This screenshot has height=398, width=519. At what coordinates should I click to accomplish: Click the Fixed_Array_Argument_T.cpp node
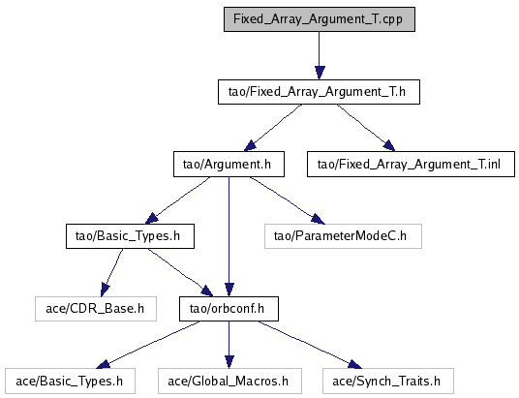pyautogui.click(x=320, y=19)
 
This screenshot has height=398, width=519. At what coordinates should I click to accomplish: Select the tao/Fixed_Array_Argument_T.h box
pyautogui.click(x=319, y=92)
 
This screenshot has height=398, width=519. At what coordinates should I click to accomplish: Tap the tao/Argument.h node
pyautogui.click(x=229, y=165)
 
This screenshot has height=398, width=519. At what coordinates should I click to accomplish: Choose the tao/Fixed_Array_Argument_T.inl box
pyautogui.click(x=411, y=165)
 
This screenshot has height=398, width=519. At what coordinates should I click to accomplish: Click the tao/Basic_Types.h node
pyautogui.click(x=130, y=236)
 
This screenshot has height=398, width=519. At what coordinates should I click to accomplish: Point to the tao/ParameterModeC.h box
pyautogui.click(x=343, y=236)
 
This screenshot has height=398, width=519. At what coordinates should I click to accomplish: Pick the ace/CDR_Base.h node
pyautogui.click(x=96, y=309)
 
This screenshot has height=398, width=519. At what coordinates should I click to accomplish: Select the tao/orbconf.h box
pyautogui.click(x=229, y=309)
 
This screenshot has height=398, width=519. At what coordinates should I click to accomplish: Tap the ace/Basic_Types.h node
pyautogui.click(x=70, y=382)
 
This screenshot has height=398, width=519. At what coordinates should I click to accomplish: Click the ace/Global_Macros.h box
pyautogui.click(x=229, y=382)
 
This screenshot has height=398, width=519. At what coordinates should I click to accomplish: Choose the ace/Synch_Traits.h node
pyautogui.click(x=388, y=382)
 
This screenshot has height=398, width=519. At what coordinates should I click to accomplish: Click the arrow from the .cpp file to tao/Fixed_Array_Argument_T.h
pyautogui.click(x=320, y=55)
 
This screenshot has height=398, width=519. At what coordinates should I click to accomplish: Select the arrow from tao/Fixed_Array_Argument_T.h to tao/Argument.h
pyautogui.click(x=273, y=128)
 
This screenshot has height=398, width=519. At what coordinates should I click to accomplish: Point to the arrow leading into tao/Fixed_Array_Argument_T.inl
pyautogui.click(x=366, y=128)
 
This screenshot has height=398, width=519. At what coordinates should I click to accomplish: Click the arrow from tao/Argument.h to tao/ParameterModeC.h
pyautogui.click(x=288, y=200)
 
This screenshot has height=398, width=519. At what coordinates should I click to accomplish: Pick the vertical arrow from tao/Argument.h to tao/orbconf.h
pyautogui.click(x=229, y=236)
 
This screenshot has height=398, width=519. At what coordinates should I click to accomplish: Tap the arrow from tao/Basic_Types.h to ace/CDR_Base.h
pyautogui.click(x=111, y=272)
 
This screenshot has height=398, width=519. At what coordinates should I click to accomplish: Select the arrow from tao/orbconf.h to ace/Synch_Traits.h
pyautogui.click(x=310, y=345)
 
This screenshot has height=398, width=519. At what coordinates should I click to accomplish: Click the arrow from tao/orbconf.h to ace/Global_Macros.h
pyautogui.click(x=229, y=345)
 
